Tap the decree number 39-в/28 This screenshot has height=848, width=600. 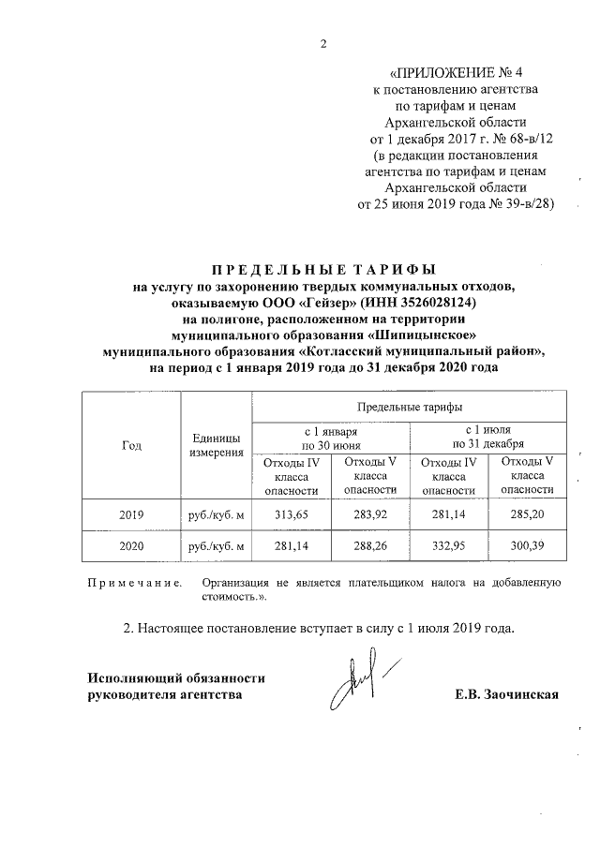[520, 202]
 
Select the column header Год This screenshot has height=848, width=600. [131, 445]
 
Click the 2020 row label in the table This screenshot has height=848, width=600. [131, 546]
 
